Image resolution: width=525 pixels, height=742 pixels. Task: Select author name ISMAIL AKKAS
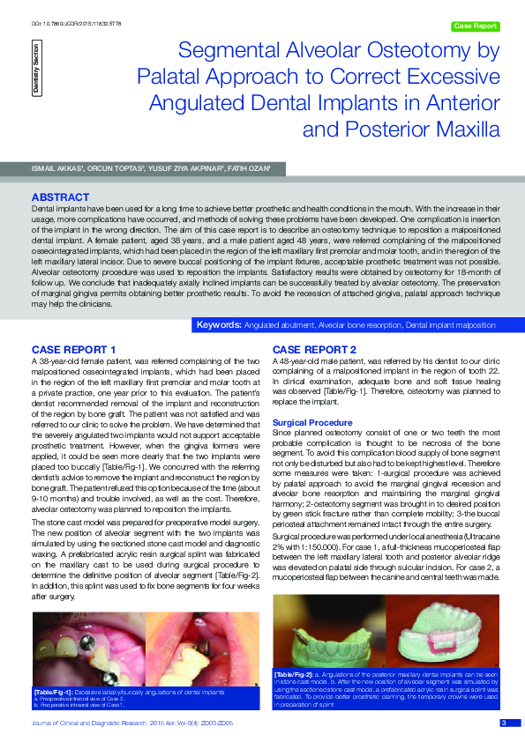coord(59,167)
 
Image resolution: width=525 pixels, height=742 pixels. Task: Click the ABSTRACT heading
coord(60,196)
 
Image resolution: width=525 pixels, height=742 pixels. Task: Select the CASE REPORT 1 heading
coord(73,350)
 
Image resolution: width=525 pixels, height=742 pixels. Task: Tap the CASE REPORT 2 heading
coord(314,350)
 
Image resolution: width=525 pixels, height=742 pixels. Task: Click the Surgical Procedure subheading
coord(313,423)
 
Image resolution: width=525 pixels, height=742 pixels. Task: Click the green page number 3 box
coord(503,723)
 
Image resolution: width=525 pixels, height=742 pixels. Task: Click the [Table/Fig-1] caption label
coord(54,692)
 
